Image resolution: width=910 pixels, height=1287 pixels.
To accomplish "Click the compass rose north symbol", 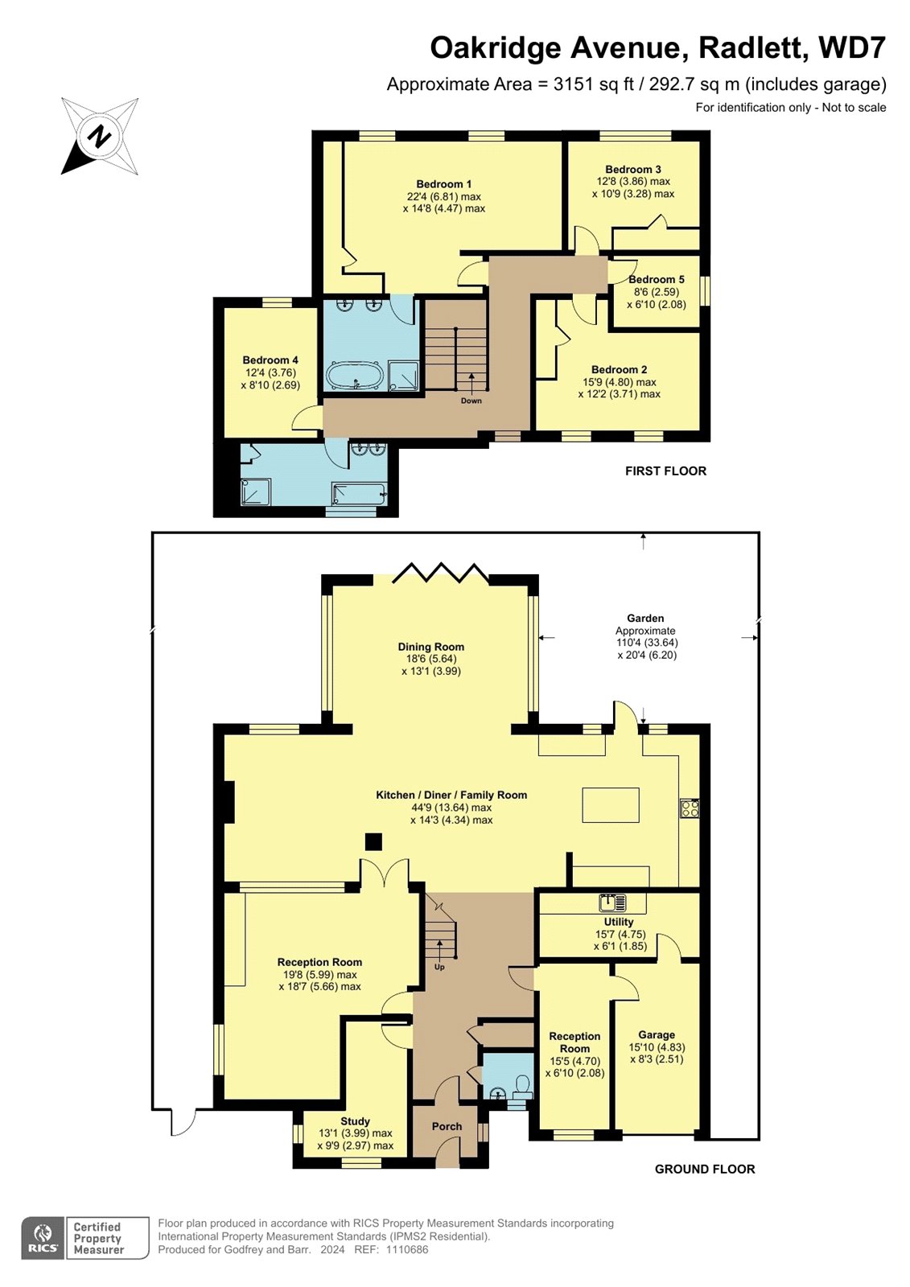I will pyautogui.click(x=99, y=136).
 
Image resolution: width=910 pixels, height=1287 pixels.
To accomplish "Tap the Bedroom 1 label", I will pyautogui.click(x=444, y=184).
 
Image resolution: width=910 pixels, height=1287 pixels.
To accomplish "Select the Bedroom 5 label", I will pyautogui.click(x=657, y=280).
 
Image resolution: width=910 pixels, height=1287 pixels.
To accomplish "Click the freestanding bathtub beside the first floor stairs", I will pyautogui.click(x=354, y=376).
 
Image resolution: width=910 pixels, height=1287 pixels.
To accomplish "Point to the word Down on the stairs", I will pyautogui.click(x=471, y=401).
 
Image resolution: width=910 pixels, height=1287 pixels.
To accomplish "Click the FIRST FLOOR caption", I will pyautogui.click(x=665, y=471).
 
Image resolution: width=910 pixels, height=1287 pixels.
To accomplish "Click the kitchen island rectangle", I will pyautogui.click(x=611, y=805).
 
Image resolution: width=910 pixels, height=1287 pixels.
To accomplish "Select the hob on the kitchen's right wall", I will pyautogui.click(x=690, y=808).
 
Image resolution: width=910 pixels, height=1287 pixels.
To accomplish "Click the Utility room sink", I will pyautogui.click(x=612, y=903).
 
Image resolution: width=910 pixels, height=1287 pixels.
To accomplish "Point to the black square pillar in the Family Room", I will pyautogui.click(x=373, y=841).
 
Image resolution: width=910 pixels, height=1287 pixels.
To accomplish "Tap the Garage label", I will pyautogui.click(x=657, y=1035).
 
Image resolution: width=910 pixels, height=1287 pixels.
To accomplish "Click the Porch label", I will pyautogui.click(x=447, y=1126).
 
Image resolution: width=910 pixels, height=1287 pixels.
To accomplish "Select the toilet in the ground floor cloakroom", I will pyautogui.click(x=522, y=1087).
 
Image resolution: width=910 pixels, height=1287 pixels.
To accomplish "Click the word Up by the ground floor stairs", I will pyautogui.click(x=439, y=967).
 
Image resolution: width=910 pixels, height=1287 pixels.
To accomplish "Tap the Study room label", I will pyautogui.click(x=355, y=1121).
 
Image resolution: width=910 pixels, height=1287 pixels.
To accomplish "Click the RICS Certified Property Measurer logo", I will pyautogui.click(x=85, y=1238).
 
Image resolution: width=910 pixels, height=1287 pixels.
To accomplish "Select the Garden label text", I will pyautogui.click(x=645, y=619).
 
